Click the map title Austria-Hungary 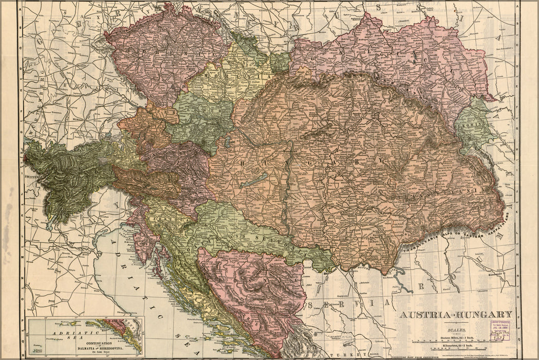click(x=456, y=315)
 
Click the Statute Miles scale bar click(x=457, y=342)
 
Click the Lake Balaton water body click(x=254, y=180)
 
